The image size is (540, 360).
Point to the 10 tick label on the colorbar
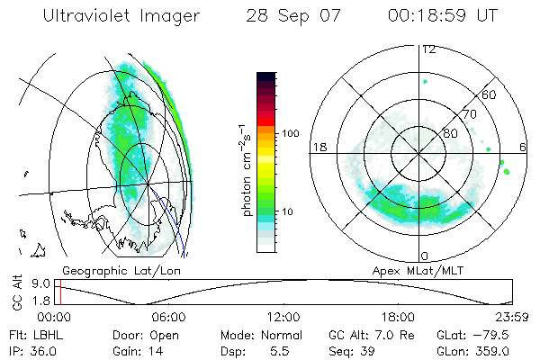[x=290, y=211]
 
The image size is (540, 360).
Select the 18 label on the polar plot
[x=318, y=147]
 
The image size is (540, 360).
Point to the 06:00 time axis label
[x=168, y=317]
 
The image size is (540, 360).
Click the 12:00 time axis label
[x=283, y=317]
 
